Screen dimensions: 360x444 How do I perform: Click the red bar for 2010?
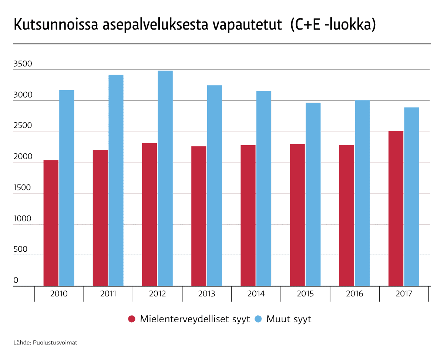[x=51, y=223]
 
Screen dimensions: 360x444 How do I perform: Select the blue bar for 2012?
[x=165, y=178]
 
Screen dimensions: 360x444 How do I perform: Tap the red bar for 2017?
[x=396, y=208]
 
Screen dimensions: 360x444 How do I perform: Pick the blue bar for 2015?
[x=313, y=194]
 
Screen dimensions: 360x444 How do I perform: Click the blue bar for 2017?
[x=411, y=197]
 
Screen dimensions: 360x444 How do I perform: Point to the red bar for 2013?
[x=199, y=216]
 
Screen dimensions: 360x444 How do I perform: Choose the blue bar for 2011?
[x=116, y=180]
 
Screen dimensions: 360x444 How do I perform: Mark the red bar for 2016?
[x=347, y=215]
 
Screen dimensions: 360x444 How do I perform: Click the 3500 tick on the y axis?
[x=23, y=64]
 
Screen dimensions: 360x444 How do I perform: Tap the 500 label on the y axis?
[x=21, y=249]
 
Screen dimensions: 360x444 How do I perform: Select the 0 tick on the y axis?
[x=16, y=281]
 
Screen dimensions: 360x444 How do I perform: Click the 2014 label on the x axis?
[x=256, y=294]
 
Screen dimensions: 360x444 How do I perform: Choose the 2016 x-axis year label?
[x=354, y=294]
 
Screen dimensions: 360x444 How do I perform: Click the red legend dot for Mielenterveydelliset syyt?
[x=132, y=319]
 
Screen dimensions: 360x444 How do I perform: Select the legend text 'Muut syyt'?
[x=289, y=319]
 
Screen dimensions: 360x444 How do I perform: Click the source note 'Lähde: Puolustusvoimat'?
[x=46, y=343]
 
